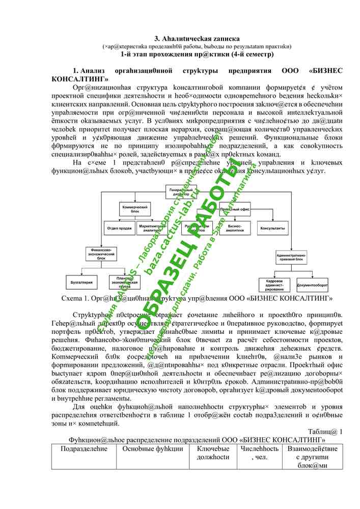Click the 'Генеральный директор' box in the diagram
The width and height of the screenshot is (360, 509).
point(180,192)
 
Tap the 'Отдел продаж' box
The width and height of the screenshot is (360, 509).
point(120,228)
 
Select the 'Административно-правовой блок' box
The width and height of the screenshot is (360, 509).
point(291,257)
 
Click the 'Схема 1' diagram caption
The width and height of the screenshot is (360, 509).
point(197,297)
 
